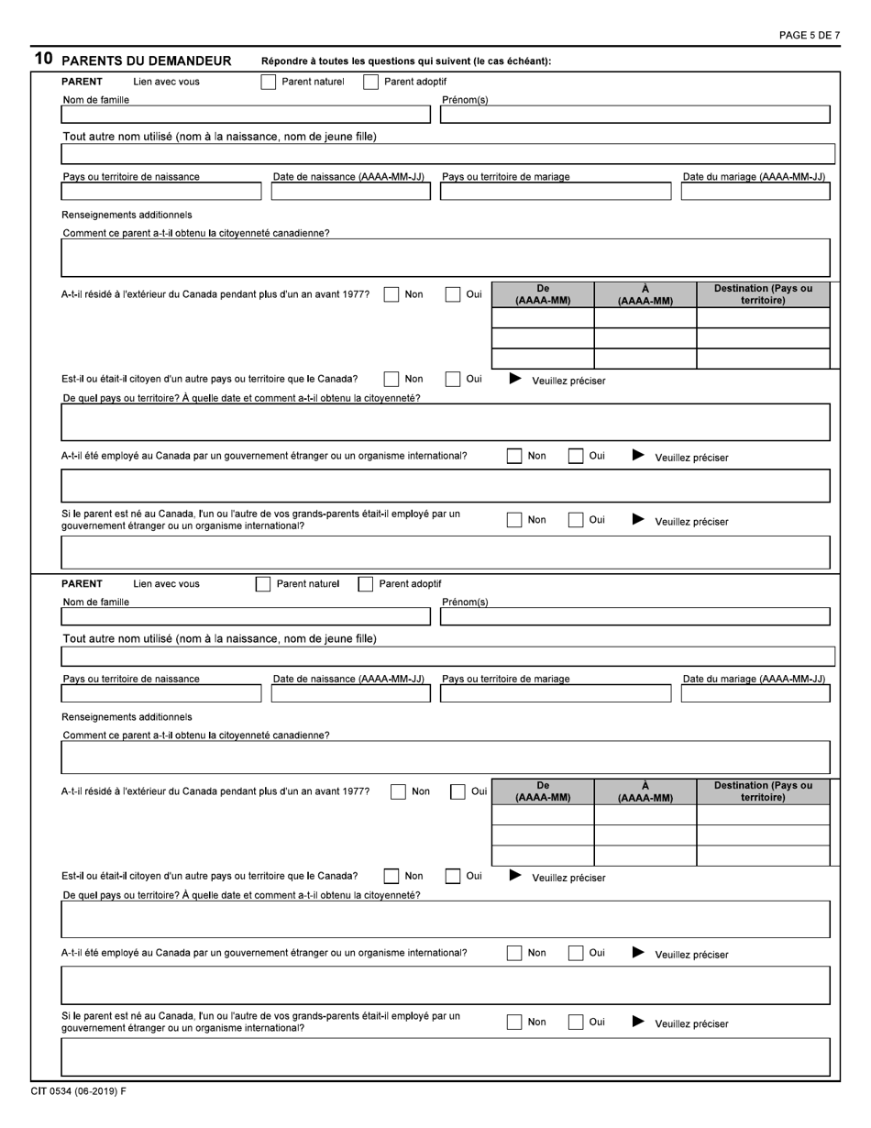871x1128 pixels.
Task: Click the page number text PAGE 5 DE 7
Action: click(809, 36)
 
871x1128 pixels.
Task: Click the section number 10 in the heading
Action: click(43, 60)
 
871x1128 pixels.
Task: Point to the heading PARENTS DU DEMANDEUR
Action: click(146, 61)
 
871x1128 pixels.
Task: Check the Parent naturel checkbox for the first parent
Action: click(269, 82)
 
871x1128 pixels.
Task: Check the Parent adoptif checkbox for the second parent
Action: click(366, 584)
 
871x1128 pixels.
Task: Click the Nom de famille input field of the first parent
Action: click(246, 115)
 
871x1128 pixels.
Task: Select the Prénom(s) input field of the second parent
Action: click(634, 616)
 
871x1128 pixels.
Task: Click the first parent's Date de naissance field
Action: click(350, 192)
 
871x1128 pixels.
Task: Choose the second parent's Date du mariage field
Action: click(755, 693)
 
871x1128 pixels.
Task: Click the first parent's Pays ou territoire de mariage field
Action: click(555, 192)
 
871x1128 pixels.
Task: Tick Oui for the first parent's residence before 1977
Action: click(453, 294)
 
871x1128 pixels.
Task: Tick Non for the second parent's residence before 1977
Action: click(398, 792)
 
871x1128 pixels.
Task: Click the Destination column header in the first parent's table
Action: click(763, 293)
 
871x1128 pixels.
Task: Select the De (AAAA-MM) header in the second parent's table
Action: click(543, 791)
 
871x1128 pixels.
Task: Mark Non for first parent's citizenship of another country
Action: click(391, 379)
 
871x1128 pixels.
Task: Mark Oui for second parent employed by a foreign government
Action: click(576, 953)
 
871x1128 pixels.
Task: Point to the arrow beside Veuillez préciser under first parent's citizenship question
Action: click(515, 379)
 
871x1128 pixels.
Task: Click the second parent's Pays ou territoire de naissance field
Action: click(161, 693)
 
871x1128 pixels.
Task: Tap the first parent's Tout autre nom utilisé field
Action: click(447, 153)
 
